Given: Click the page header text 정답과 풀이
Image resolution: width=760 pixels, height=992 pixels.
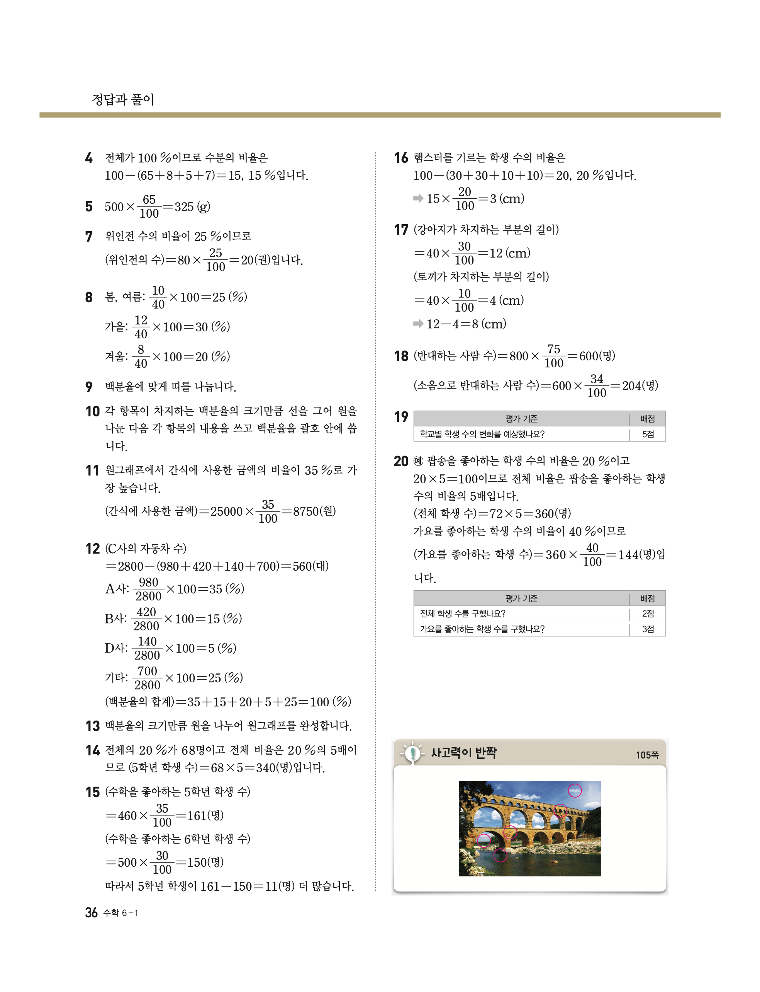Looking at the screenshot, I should coord(123,99).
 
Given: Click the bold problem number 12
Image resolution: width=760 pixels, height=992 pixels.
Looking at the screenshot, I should coord(92,549).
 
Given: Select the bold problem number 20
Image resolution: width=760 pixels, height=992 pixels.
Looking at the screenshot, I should coord(401,461).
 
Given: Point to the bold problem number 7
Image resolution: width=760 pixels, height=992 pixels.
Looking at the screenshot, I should coord(89,236).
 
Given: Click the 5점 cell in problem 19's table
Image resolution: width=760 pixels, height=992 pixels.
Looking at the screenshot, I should coord(647,434).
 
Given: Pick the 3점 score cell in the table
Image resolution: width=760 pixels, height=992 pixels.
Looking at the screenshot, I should coord(647,629).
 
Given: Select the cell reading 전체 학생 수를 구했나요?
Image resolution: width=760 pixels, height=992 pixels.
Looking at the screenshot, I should coord(463,614).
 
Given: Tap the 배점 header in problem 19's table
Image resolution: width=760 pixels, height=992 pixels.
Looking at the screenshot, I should coord(647,419).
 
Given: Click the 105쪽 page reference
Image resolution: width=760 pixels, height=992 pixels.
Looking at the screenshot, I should coord(647,755).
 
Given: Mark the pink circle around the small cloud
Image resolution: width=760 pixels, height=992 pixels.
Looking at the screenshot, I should coord(575,791).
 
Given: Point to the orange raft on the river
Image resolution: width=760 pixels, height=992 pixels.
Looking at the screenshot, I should coord(553,860).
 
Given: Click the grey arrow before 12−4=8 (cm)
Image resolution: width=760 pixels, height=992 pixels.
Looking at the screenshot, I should coord(418,324).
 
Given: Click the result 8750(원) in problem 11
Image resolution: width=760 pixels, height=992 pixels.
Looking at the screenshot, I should coord(314,511).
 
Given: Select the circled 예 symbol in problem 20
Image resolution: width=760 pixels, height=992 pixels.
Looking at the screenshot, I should coord(419,461).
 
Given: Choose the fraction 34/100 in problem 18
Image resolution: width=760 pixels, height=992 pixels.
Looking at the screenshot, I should coord(596,386).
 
